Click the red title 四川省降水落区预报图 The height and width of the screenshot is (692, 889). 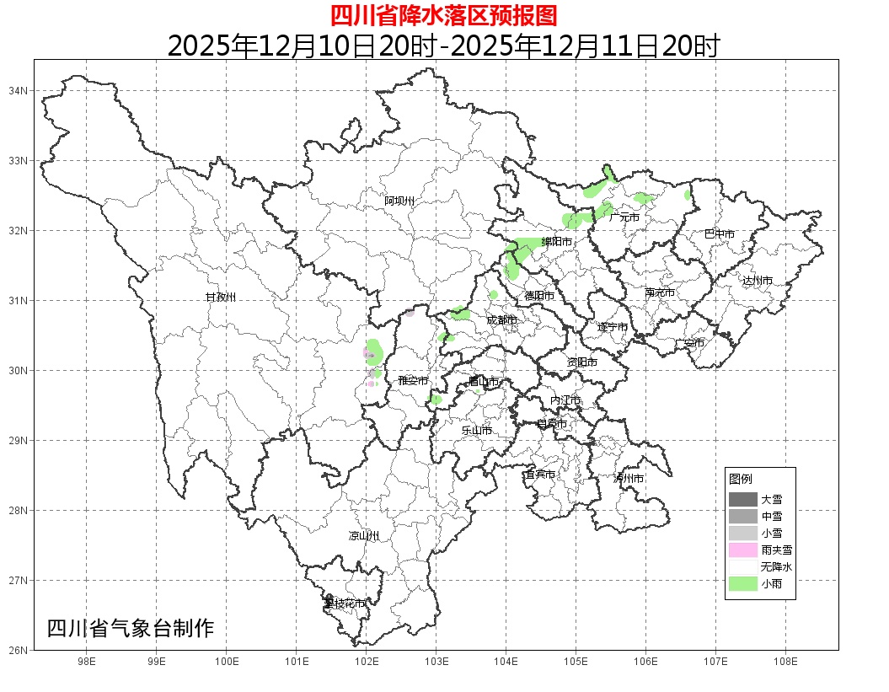click(x=443, y=15)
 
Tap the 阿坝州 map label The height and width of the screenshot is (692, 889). click(x=399, y=201)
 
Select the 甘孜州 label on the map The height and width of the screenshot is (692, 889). click(x=221, y=298)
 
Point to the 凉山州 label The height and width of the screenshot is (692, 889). click(x=364, y=536)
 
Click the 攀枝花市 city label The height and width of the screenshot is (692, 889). click(x=345, y=603)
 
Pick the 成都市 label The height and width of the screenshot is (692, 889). click(x=501, y=320)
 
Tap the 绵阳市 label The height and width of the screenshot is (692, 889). click(x=556, y=242)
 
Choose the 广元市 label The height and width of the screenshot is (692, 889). click(x=624, y=217)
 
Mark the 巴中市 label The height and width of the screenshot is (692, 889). click(x=719, y=234)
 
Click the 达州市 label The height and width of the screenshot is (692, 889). click(x=757, y=281)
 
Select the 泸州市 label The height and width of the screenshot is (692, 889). click(x=629, y=478)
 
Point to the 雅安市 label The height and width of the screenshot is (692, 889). click(x=413, y=381)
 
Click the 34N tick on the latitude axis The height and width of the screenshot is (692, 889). click(x=19, y=90)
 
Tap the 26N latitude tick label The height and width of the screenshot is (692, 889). click(x=19, y=650)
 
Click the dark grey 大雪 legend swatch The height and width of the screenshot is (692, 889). click(x=742, y=499)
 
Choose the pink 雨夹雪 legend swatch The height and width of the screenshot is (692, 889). click(x=742, y=550)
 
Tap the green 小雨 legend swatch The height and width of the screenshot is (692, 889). click(x=742, y=583)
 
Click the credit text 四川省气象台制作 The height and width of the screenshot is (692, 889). click(x=131, y=628)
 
